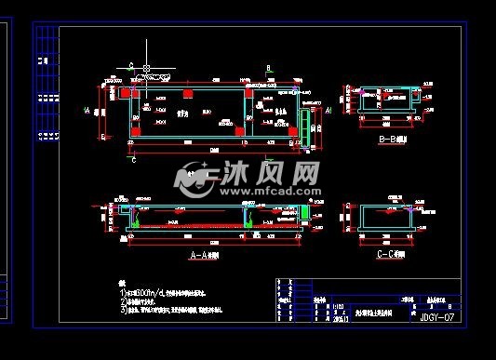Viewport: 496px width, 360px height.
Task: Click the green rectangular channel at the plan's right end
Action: point(303,128)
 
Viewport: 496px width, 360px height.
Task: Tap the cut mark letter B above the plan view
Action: point(268,69)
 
